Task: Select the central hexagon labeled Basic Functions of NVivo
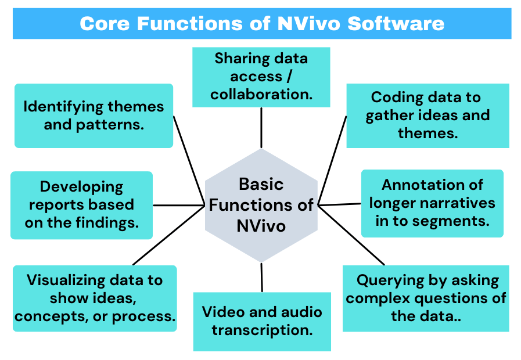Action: (261, 204)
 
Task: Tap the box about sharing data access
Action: (261, 77)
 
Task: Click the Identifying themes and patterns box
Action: (94, 116)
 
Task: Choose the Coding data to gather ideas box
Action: (427, 116)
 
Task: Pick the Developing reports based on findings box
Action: (81, 205)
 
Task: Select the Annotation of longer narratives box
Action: (432, 203)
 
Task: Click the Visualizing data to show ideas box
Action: (95, 298)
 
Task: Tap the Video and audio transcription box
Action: (262, 321)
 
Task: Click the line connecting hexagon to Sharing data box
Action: (261, 128)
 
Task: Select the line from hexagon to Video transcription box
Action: (262, 277)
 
